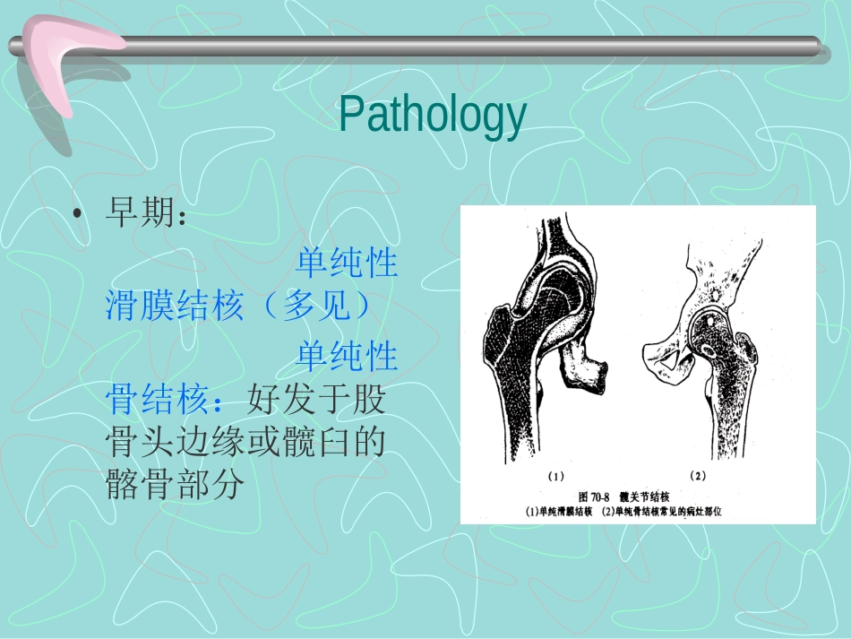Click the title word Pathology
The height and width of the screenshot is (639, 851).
click(432, 117)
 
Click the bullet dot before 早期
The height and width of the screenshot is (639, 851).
click(79, 215)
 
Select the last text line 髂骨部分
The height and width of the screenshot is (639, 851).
click(175, 487)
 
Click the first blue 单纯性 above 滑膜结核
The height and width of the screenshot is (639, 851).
click(347, 263)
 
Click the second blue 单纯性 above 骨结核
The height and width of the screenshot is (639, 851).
click(347, 356)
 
